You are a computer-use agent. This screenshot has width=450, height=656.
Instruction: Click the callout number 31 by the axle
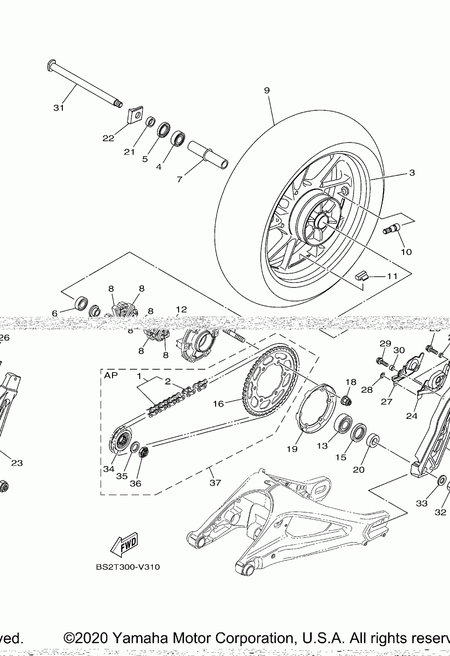(58, 108)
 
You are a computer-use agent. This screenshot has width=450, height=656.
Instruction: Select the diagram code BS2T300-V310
(128, 567)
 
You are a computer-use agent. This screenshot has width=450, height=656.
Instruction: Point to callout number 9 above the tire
(267, 90)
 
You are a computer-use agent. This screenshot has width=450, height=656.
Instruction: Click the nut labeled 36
(144, 452)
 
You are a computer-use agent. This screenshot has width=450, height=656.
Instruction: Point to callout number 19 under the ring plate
(292, 449)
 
